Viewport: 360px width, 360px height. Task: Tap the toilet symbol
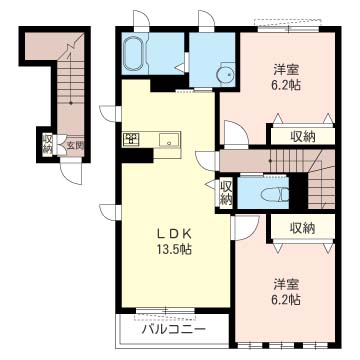[275, 194]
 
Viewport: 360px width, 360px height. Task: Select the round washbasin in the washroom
[224, 76]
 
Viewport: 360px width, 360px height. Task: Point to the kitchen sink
[170, 140]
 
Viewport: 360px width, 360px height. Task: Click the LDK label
[174, 234]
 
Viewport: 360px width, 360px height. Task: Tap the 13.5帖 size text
[175, 249]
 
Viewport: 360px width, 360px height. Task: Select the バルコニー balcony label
[173, 330]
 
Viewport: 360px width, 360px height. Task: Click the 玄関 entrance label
[75, 145]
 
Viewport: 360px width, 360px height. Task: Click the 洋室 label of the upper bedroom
[286, 70]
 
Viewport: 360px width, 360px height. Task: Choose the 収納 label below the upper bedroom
[302, 136]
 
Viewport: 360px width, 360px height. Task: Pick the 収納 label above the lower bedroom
[302, 228]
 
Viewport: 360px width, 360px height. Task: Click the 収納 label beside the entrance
[47, 144]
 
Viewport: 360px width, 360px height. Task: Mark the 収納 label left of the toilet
[226, 192]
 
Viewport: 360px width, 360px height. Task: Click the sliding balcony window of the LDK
[166, 311]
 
